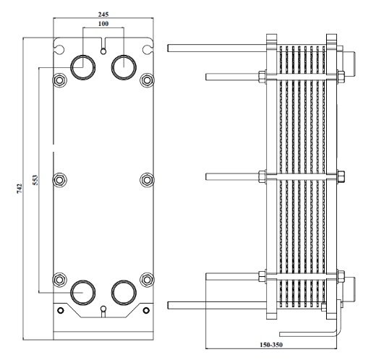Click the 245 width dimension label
(104, 14)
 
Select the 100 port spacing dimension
(104, 25)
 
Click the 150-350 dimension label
(270, 346)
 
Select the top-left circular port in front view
(82, 67)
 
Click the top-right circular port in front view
(124, 67)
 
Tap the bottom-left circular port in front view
(82, 292)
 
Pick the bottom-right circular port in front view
(124, 292)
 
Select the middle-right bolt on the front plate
(147, 179)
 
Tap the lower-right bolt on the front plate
(147, 278)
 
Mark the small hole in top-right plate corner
(148, 50)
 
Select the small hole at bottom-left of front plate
(61, 311)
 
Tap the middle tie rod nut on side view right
(341, 176)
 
